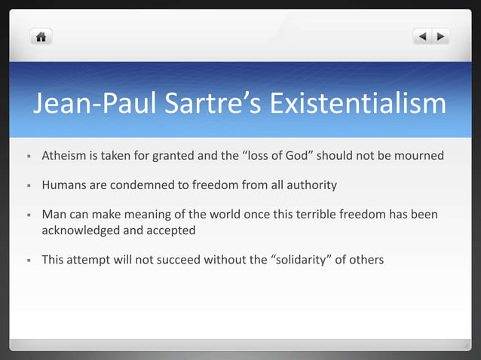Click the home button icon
[x=41, y=36]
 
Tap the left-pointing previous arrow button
[x=422, y=36]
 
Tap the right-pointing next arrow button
[x=440, y=36]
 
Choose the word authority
[x=308, y=185]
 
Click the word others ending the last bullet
[x=365, y=260]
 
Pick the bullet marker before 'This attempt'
[x=27, y=260]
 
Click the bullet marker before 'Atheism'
[x=27, y=157]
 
